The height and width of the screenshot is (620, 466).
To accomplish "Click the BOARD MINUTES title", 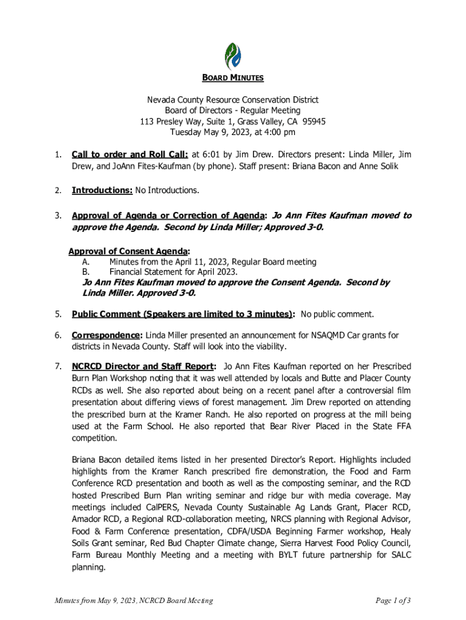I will tap(232, 78).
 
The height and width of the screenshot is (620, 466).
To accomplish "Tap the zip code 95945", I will tap(313, 121).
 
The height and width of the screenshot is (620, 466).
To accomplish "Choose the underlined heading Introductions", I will tap(102, 191).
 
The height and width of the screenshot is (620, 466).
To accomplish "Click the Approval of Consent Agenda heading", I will tap(129, 251).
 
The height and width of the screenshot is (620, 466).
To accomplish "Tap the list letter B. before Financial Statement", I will tap(86, 272).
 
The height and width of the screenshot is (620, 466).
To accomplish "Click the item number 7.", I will tap(57, 366).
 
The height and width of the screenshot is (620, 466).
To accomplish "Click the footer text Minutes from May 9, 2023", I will tap(96, 601).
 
